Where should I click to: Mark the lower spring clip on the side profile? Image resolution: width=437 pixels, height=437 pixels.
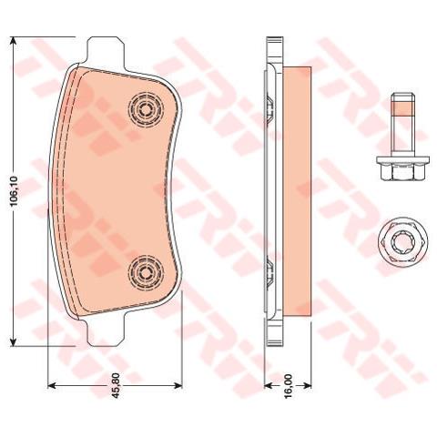269,272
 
